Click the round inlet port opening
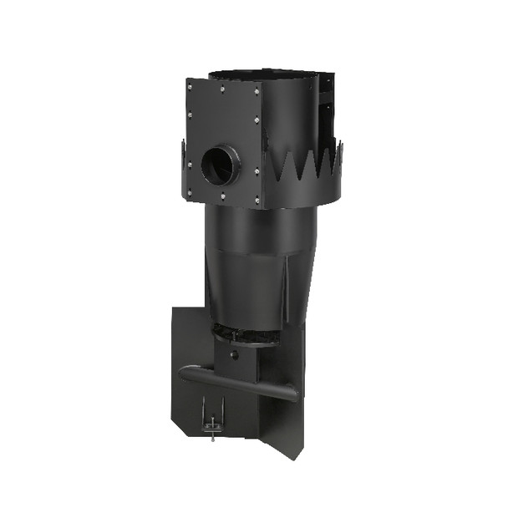click(221, 165)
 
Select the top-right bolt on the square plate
click(254, 88)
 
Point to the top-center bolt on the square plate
click(221, 86)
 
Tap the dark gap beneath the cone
click(251, 333)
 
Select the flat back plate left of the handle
click(188, 334)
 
